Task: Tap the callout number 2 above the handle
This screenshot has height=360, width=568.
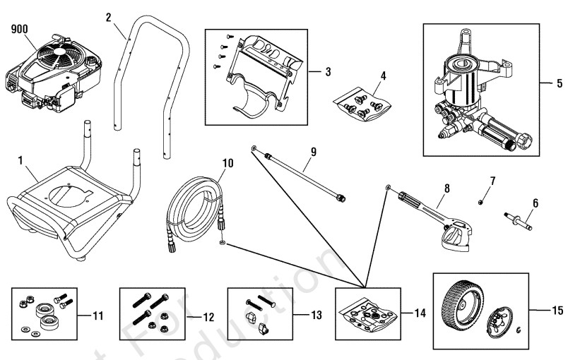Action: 108,16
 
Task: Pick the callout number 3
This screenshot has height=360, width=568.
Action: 327,72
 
